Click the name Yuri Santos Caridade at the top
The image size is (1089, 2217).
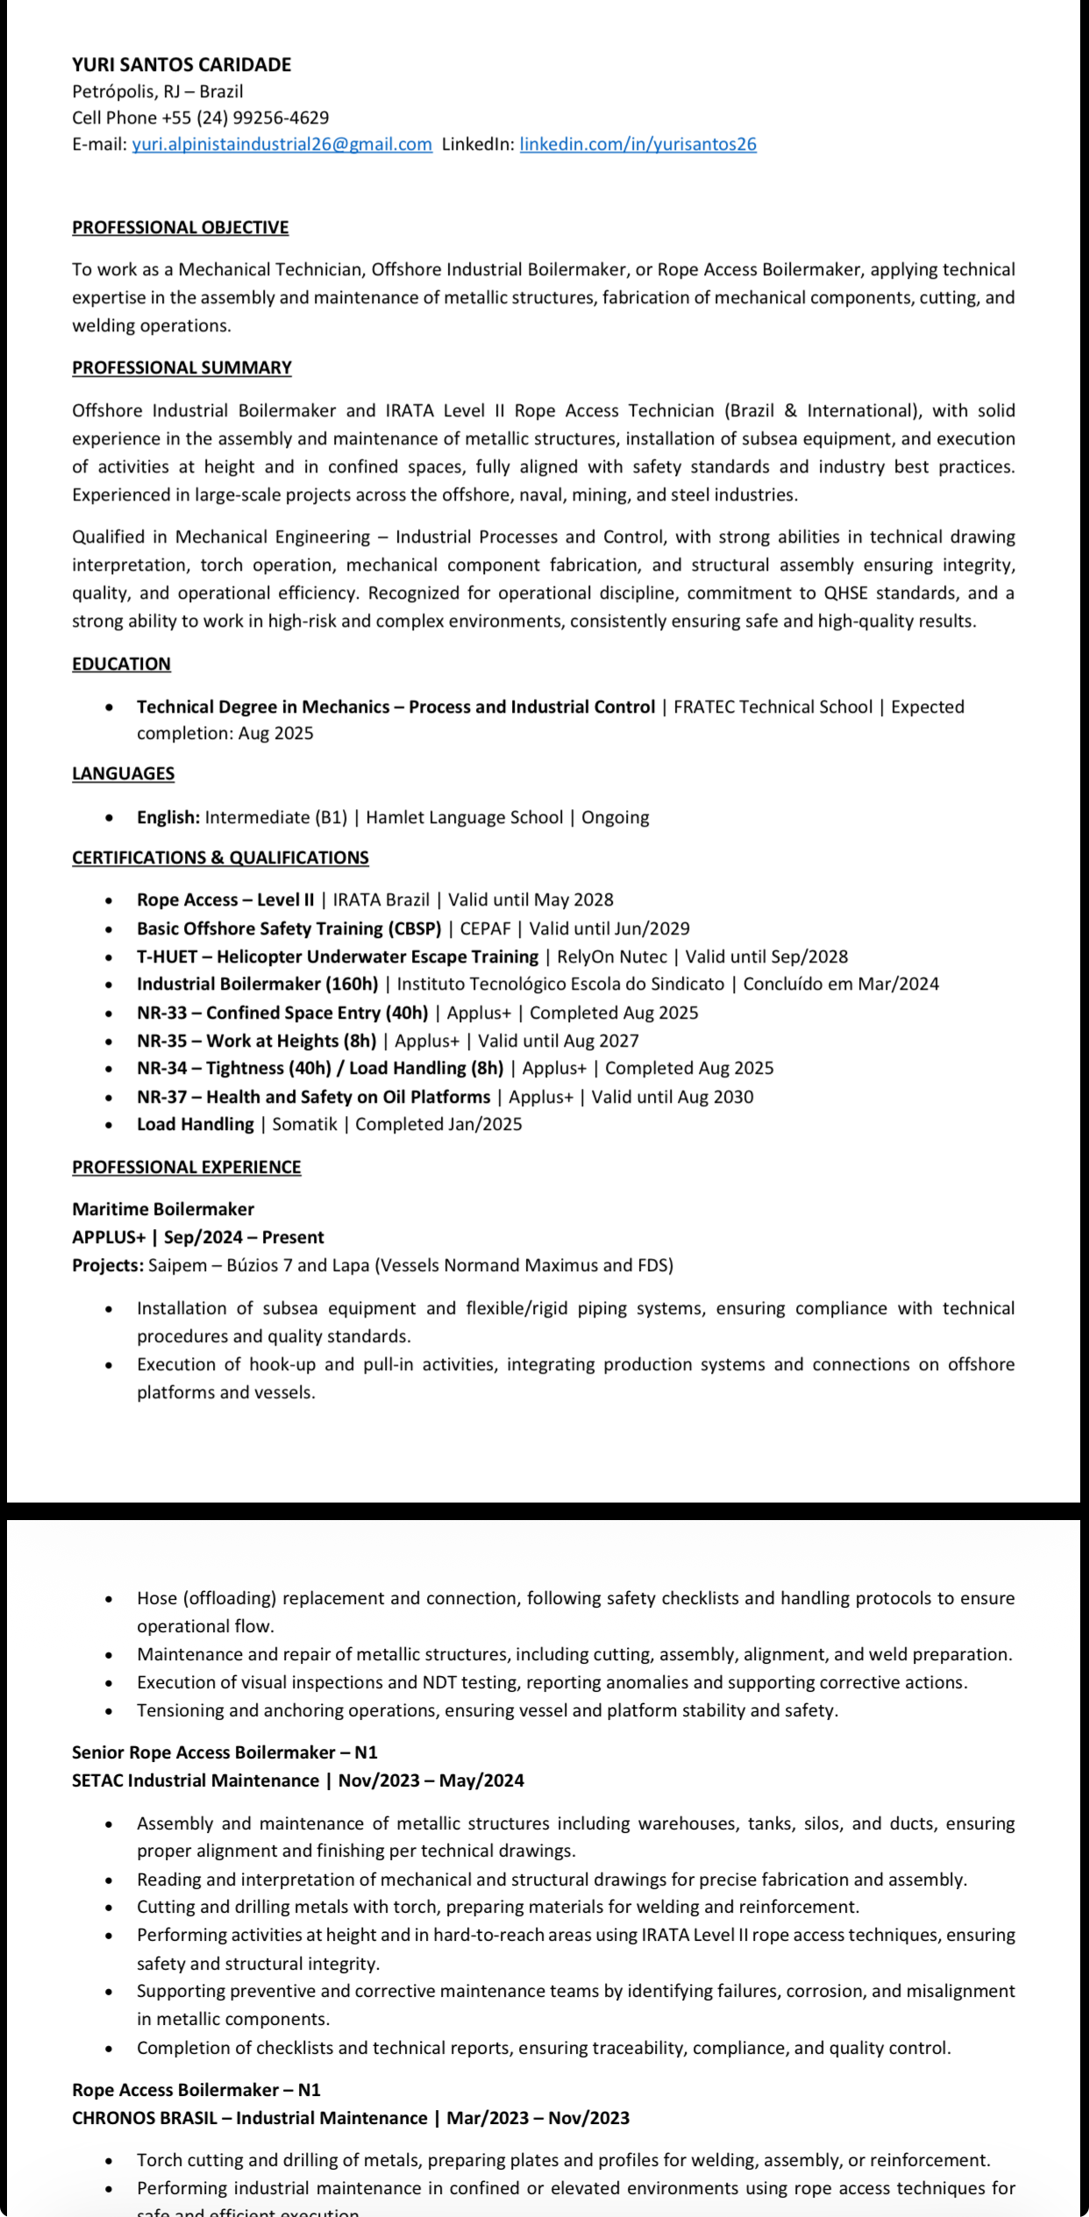pos(181,64)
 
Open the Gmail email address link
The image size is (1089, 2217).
pos(281,145)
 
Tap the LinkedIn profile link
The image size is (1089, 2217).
pos(637,145)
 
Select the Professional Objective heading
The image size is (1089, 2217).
pos(180,228)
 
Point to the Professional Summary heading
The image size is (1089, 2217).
pos(181,368)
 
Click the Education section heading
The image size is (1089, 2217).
pos(121,664)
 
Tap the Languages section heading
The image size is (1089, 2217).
pos(123,774)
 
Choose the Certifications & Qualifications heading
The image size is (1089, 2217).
pos(220,858)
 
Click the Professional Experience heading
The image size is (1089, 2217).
pos(186,1168)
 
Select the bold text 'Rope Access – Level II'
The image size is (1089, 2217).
pos(225,900)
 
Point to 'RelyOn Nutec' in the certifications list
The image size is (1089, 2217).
pos(612,957)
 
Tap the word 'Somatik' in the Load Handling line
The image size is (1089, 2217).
pos(304,1125)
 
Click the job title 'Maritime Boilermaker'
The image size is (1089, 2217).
pos(163,1210)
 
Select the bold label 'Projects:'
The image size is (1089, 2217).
pos(108,1266)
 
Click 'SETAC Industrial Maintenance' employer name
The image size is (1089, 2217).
pos(196,1780)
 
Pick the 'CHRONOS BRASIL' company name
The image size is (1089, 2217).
pos(145,2118)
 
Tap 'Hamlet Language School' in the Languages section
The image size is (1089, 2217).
pos(465,818)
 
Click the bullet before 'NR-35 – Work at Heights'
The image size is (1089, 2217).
pos(109,1041)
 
